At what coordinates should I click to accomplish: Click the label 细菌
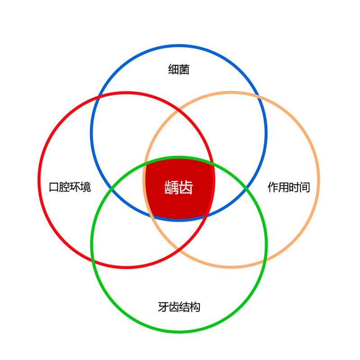click(179, 70)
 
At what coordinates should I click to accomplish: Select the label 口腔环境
click(70, 187)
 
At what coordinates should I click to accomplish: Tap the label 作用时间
click(288, 187)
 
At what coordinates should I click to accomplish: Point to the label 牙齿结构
click(179, 307)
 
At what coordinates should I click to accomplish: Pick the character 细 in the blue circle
click(173, 70)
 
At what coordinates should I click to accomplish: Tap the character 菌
click(184, 70)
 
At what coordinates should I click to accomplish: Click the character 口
click(54, 187)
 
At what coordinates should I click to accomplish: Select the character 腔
click(64, 187)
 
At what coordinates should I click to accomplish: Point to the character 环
click(75, 187)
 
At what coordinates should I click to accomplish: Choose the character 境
click(85, 187)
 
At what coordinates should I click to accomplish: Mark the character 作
click(273, 187)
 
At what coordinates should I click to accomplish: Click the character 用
click(283, 187)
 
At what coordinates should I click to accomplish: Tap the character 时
click(294, 187)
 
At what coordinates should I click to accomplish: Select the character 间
click(305, 187)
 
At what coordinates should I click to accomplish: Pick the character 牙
click(163, 307)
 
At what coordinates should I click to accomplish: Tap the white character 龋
click(171, 187)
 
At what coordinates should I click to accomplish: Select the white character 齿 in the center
click(186, 187)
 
